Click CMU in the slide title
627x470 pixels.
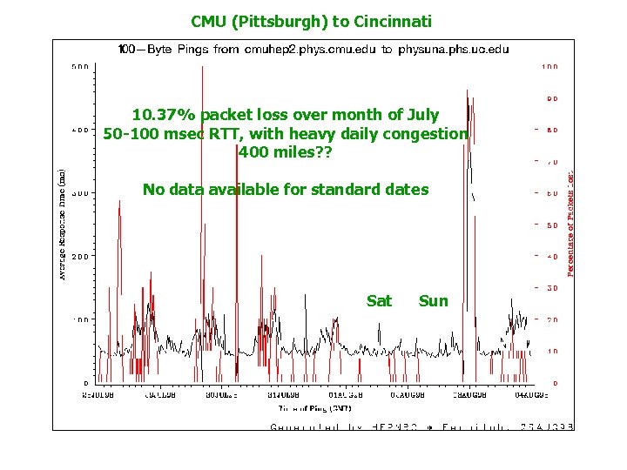(207, 20)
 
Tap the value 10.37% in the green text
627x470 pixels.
(165, 115)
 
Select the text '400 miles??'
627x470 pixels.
(285, 151)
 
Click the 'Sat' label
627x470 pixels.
(379, 301)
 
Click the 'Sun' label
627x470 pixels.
(433, 301)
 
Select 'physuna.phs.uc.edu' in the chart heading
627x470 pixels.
(453, 50)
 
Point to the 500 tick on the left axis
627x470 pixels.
(78, 66)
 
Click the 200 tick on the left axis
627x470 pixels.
(78, 256)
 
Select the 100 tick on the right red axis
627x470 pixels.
(550, 66)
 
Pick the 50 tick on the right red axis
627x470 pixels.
(552, 225)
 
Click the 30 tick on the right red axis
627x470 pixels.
(552, 288)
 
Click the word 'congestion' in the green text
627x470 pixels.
(426, 133)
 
